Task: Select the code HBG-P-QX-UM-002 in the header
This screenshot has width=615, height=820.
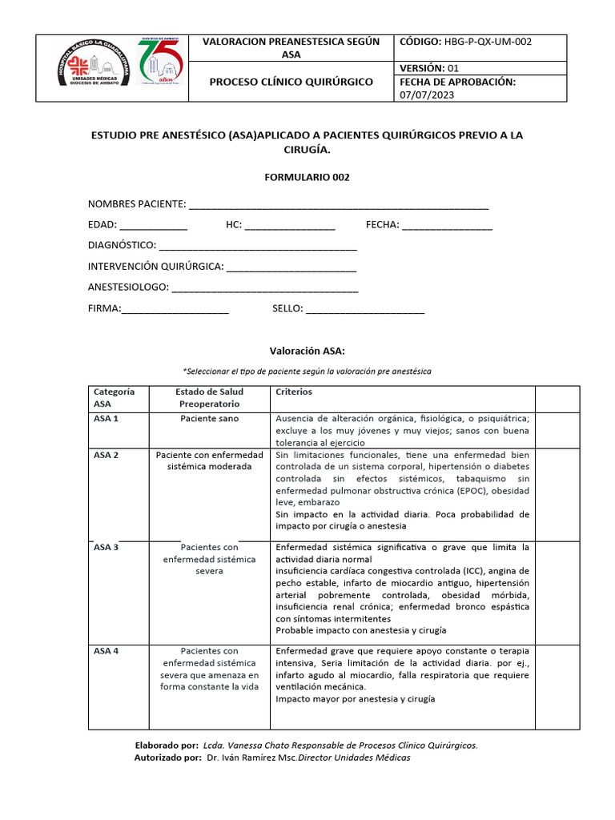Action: (x=488, y=42)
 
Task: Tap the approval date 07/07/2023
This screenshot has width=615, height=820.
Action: (x=426, y=94)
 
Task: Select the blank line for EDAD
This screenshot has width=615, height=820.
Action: (x=154, y=226)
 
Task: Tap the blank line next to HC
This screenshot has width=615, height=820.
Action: (x=290, y=226)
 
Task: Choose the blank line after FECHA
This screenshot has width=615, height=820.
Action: (x=448, y=226)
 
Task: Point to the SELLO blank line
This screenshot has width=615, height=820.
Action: (x=365, y=309)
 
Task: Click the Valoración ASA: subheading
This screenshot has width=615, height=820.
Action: (x=307, y=351)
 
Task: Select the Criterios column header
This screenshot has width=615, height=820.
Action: (x=294, y=392)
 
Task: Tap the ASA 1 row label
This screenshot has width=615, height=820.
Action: (x=107, y=419)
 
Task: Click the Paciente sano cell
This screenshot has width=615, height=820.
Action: (x=209, y=419)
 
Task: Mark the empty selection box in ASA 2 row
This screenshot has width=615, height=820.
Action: (x=557, y=491)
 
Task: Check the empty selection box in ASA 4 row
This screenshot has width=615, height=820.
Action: (x=557, y=686)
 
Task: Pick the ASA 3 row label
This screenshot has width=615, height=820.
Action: (x=107, y=548)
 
